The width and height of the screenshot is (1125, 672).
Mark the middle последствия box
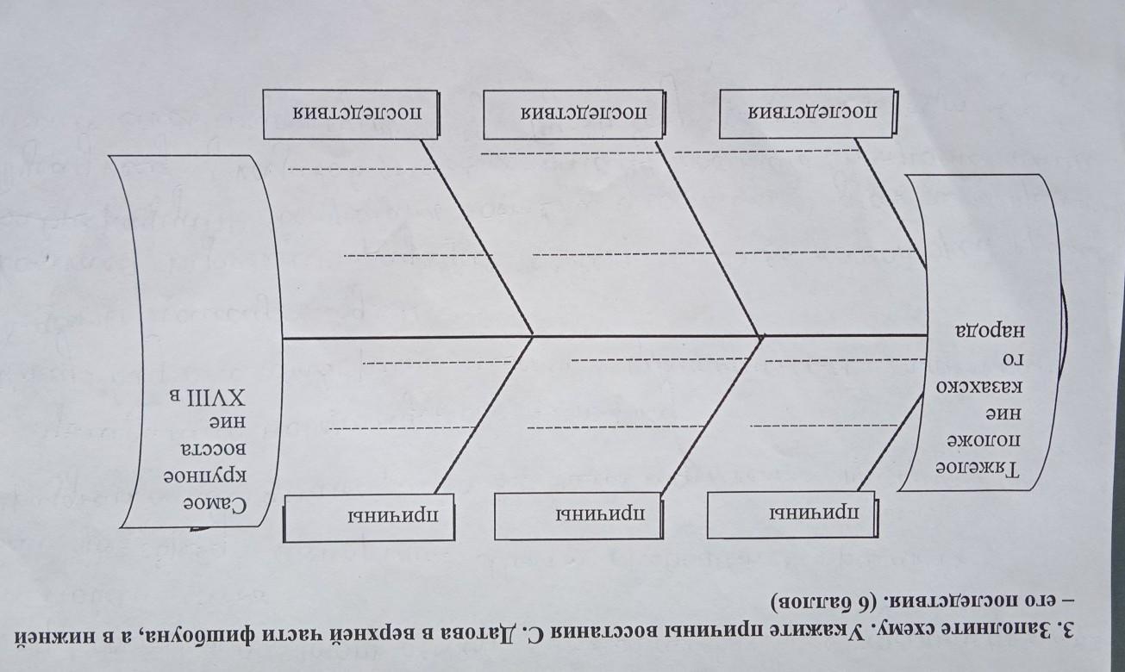574,113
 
